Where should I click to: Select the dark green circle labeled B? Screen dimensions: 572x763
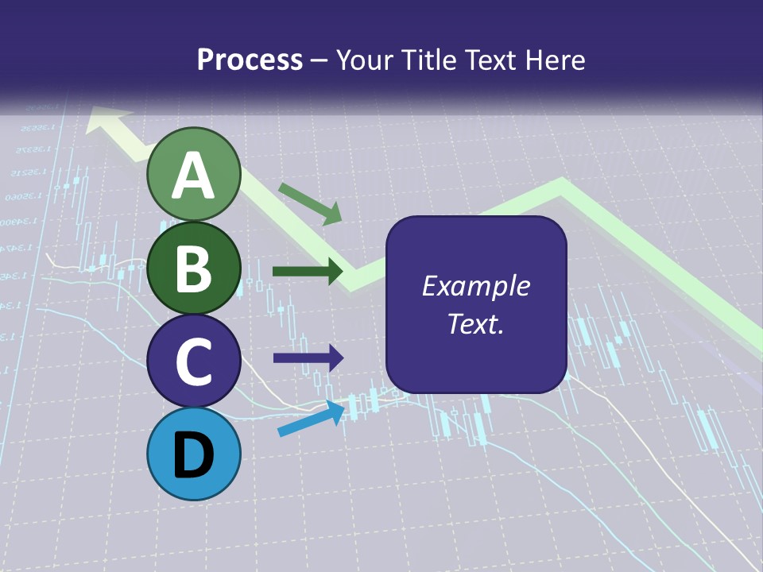[194, 269]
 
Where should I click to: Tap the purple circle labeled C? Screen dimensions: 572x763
[194, 361]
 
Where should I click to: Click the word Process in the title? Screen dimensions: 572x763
[250, 60]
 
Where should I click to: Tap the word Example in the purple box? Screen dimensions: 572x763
[476, 286]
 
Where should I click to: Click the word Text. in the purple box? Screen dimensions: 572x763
[476, 323]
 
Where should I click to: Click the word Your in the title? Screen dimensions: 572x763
[363, 60]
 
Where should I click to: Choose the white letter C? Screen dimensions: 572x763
[194, 361]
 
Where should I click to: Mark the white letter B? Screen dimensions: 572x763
[194, 269]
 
